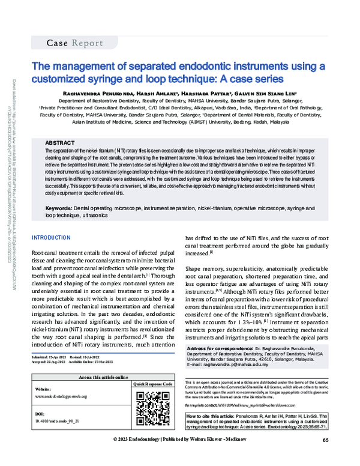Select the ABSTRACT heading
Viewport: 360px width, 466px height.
[x=61, y=137]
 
